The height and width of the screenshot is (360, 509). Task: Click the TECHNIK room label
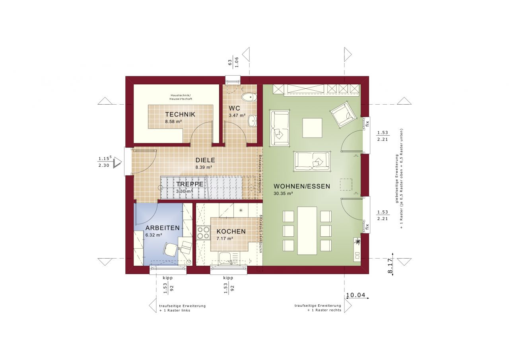point(180,115)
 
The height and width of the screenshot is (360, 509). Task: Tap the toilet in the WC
point(249,97)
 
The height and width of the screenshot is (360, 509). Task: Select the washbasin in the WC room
point(252,121)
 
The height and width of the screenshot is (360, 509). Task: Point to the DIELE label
point(205,160)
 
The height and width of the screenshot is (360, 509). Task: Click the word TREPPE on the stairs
point(190,185)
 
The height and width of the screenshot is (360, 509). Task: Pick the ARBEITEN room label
point(162,228)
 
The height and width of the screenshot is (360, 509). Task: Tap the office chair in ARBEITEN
point(171,249)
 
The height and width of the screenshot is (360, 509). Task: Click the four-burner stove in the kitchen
point(203,232)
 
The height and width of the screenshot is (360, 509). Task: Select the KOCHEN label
point(231,232)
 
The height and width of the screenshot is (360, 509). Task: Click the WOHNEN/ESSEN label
point(302,186)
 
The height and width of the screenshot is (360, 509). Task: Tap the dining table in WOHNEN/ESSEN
point(307,230)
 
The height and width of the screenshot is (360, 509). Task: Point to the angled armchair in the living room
point(343,114)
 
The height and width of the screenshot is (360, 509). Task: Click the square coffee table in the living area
point(312,128)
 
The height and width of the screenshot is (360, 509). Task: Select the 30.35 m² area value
point(283,194)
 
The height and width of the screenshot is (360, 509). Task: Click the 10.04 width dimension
point(356,295)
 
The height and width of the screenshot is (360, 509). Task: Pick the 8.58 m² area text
point(173,121)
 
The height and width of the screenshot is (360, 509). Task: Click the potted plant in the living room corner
point(358,241)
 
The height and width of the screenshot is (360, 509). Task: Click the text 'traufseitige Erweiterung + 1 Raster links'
point(182,308)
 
